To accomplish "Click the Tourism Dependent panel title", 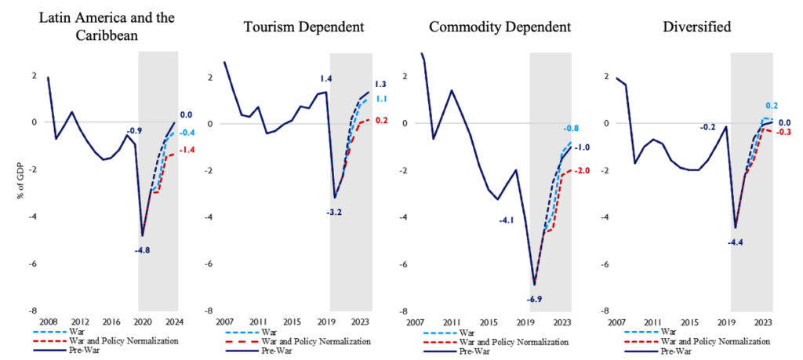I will coord(303,27).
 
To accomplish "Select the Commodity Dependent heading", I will coord(501,27).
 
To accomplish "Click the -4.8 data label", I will coord(141,250).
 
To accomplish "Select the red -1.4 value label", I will coord(188,149).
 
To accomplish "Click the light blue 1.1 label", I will coord(380,99).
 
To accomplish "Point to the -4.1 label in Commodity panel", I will coord(506,220).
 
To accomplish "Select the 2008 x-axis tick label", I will coord(48,322).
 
